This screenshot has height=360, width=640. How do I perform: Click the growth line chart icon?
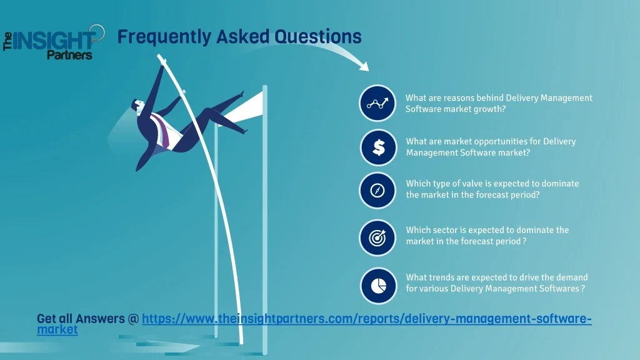(377, 103)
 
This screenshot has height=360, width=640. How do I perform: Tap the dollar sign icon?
(378, 147)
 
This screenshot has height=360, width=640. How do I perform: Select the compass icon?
(377, 190)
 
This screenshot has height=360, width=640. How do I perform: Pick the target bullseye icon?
(377, 237)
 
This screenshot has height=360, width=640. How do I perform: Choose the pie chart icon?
(378, 286)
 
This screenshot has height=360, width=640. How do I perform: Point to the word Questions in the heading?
(317, 36)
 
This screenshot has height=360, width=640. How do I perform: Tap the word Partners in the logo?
(69, 55)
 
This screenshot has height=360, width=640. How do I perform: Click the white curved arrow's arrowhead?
(363, 66)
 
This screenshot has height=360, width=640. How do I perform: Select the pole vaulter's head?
(138, 106)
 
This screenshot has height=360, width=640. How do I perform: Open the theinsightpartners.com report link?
(314, 323)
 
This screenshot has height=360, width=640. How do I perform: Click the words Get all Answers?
(81, 319)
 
